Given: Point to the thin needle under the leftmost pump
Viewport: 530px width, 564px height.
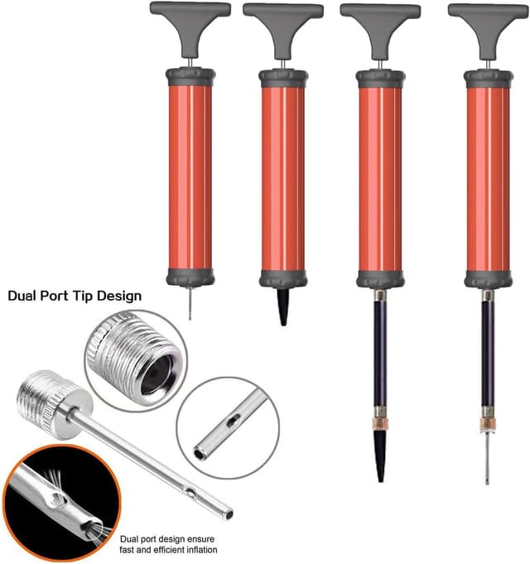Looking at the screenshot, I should pos(190,302).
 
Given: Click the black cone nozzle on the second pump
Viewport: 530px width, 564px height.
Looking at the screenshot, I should pos(283,306).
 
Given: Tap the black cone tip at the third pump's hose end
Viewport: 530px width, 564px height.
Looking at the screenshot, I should pos(380,451).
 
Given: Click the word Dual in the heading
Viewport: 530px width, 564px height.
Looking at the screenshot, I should pos(24,295).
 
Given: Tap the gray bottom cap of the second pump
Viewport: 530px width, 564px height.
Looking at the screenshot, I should pos(283,277).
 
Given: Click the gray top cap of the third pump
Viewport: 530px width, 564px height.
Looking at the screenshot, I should pos(380,79).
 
